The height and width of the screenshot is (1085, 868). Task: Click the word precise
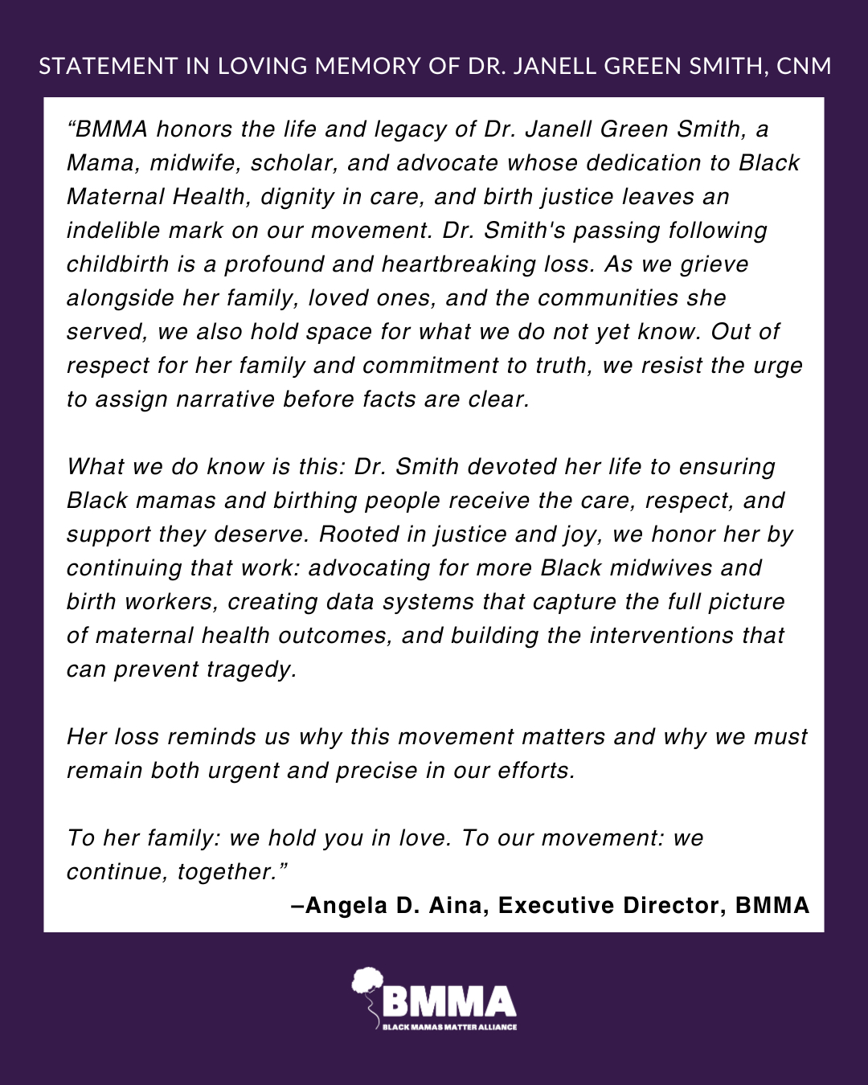click(x=378, y=771)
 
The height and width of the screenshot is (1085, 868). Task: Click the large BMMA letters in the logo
click(x=448, y=1001)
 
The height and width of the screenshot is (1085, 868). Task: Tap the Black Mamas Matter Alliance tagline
click(x=448, y=1027)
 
